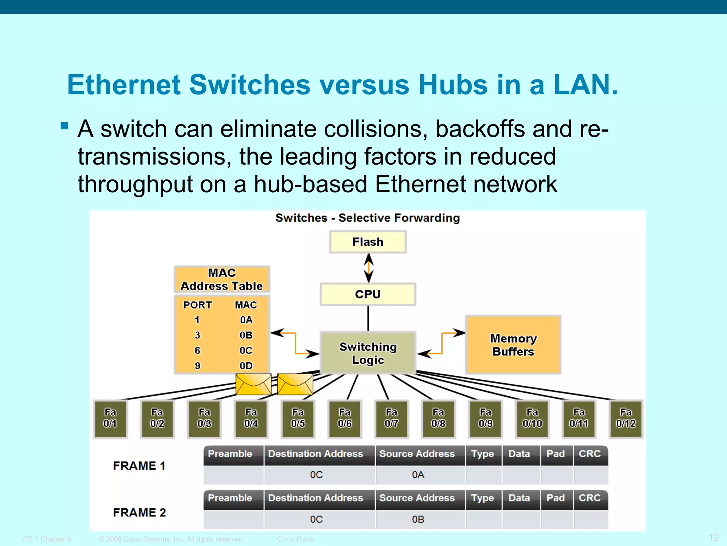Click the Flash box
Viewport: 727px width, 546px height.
[x=368, y=242]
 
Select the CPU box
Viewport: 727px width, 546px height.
[x=368, y=294]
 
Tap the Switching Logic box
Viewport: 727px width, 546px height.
[x=368, y=353]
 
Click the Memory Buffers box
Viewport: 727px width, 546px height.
[x=513, y=345]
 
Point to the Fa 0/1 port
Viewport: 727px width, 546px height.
[x=110, y=418]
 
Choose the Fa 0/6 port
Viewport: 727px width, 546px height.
[x=345, y=418]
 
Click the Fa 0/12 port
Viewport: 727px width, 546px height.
[x=626, y=418]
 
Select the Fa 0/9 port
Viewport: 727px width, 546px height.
[x=485, y=418]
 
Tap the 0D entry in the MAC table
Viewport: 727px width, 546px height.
[x=246, y=366]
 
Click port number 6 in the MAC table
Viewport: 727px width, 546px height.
[x=197, y=350]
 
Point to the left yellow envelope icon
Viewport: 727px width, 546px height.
[x=253, y=384]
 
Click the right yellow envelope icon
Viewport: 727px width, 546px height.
[x=295, y=384]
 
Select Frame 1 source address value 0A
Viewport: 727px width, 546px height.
[x=418, y=475]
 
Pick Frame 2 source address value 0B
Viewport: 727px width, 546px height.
[x=418, y=520]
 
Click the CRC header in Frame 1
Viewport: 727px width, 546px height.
[x=590, y=454]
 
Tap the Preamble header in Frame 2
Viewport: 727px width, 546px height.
[x=230, y=498]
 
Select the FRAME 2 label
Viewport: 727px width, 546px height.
[x=140, y=513]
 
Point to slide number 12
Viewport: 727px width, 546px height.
[x=714, y=537]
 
